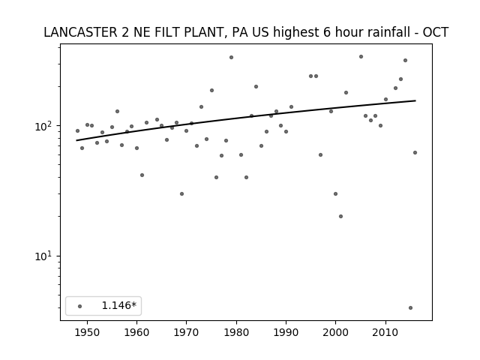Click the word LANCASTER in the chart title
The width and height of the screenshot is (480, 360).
coord(80,32)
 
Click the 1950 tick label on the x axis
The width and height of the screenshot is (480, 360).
coord(87,332)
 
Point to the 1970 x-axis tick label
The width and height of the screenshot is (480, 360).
coord(187,332)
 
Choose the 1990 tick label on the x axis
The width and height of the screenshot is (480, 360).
coord(286,332)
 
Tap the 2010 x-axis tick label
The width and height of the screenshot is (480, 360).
coord(385,332)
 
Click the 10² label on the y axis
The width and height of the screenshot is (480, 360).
coord(45,125)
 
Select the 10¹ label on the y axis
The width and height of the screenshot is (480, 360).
coord(45,256)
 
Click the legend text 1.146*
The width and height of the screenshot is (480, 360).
coord(118,305)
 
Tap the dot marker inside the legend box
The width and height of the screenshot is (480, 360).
coord(80,306)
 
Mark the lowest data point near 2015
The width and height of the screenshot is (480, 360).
coord(410,307)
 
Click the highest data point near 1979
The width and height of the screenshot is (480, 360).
coord(232,57)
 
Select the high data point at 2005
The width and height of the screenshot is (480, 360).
coord(361,57)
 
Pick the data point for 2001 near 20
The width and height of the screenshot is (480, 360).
coord(340,216)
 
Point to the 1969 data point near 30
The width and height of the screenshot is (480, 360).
coord(181,193)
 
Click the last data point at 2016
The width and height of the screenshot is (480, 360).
coord(415,152)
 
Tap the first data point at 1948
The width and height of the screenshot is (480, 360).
coord(77,130)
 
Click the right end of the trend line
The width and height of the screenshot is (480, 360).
coord(415,100)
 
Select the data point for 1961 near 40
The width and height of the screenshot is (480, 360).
coord(142,175)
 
